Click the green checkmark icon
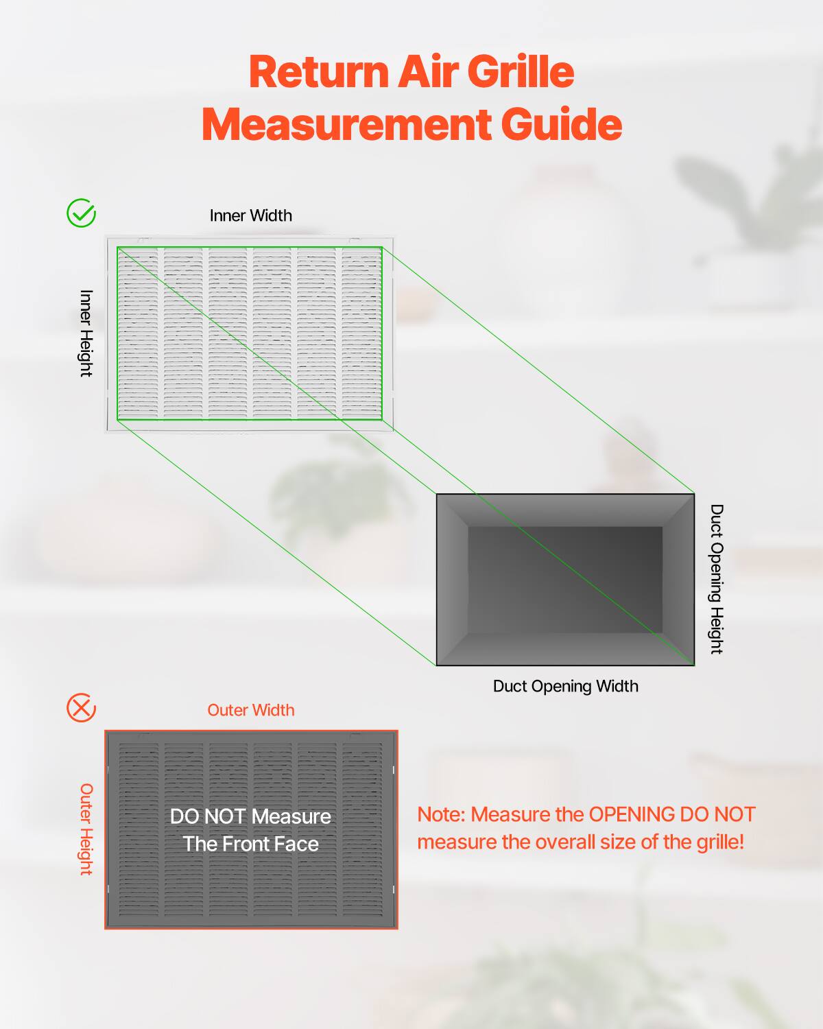pyautogui.click(x=81, y=213)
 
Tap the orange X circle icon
pyautogui.click(x=81, y=707)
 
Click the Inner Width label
pyautogui.click(x=250, y=215)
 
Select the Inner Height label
pyautogui.click(x=86, y=333)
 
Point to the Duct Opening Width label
pyautogui.click(x=565, y=686)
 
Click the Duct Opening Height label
pyautogui.click(x=716, y=579)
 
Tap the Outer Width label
pyautogui.click(x=250, y=710)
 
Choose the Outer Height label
pyautogui.click(x=86, y=829)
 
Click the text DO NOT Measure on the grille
pyautogui.click(x=250, y=816)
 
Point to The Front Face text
pyautogui.click(x=250, y=844)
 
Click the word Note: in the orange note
pyautogui.click(x=441, y=814)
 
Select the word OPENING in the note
pyautogui.click(x=632, y=814)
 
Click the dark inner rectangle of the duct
pyautogui.click(x=565, y=580)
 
